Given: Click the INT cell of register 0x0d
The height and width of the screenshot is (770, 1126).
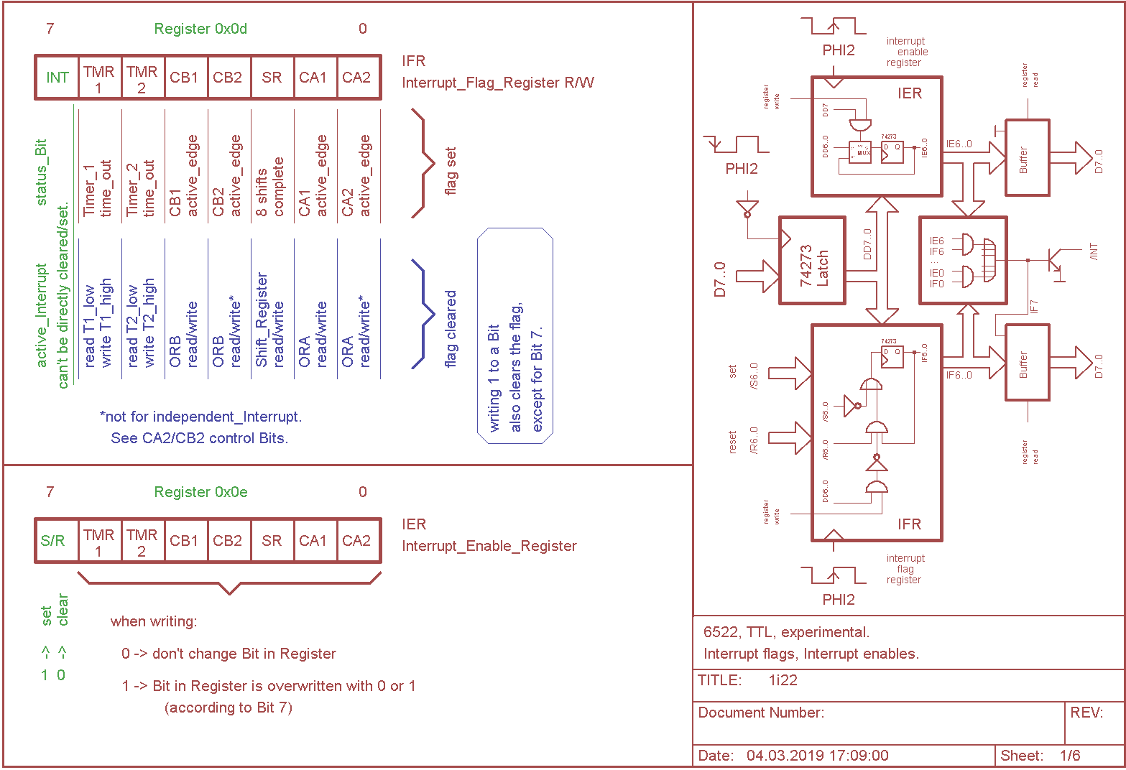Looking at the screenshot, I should (57, 78).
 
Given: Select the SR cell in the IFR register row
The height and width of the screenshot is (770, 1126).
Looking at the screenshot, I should (272, 78).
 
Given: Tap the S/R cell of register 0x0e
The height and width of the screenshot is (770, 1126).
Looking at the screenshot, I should (53, 541).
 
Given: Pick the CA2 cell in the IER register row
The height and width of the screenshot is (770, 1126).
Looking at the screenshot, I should (356, 541).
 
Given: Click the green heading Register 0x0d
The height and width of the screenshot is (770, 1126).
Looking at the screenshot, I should (200, 29).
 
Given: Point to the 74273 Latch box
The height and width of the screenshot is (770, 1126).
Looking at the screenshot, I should (812, 261).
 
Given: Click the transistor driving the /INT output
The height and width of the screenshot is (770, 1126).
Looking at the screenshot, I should (1054, 259).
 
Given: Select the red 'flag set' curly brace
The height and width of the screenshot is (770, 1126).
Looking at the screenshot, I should (424, 163).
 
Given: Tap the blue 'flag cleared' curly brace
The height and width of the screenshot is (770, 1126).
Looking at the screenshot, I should (424, 314).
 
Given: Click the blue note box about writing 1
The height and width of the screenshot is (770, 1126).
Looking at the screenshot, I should (515, 335).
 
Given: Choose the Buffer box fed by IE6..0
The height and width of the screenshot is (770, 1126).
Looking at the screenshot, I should (1027, 158).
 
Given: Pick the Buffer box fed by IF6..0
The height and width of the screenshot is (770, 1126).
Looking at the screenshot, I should (1027, 363).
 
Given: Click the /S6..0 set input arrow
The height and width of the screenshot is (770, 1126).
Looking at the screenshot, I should (790, 374).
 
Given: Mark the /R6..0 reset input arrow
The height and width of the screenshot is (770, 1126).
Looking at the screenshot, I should (790, 437).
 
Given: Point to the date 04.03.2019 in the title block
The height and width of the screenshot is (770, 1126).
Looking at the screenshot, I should (817, 756).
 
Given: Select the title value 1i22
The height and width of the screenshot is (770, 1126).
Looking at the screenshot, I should (783, 680).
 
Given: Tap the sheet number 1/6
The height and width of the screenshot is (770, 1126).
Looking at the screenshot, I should (1070, 756).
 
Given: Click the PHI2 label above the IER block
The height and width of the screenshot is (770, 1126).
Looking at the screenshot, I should (839, 50).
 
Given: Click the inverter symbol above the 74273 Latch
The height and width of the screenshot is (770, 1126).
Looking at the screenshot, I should (747, 210).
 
